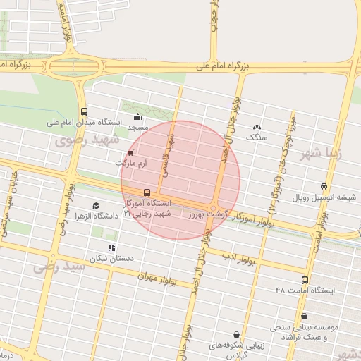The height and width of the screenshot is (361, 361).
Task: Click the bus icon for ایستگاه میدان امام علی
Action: tap(85, 111)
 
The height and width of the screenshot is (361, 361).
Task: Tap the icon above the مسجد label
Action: tap(137, 117)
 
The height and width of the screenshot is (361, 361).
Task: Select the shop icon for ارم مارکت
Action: tap(130, 152)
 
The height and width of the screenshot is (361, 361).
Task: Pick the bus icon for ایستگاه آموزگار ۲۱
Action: tap(147, 192)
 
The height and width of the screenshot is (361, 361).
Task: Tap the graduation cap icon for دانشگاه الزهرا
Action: tap(96, 205)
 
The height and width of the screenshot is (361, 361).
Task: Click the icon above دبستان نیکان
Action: tap(111, 247)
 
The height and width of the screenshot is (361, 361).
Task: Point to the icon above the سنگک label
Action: tap(257, 127)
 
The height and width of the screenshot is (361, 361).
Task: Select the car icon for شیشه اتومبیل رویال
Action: tap(324, 187)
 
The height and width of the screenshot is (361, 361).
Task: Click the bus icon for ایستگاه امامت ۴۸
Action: tap(305, 280)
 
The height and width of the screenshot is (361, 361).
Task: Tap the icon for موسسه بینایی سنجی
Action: tap(304, 317)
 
